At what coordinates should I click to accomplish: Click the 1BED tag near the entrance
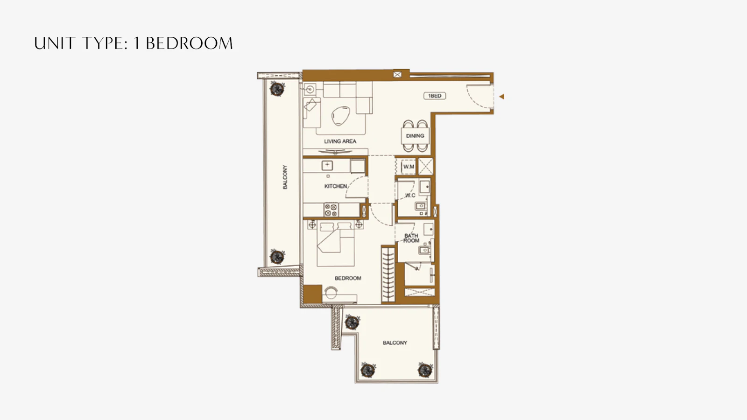tap(435, 96)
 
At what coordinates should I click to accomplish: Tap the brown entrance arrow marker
tap(501, 97)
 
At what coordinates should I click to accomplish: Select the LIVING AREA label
tap(340, 141)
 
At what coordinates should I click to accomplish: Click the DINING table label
tap(415, 136)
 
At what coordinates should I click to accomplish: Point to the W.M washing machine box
tap(409, 166)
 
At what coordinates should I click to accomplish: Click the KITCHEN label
tap(336, 186)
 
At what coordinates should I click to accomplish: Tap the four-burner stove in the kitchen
tap(331, 210)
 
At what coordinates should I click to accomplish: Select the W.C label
tap(410, 196)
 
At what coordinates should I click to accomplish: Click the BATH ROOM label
tap(411, 238)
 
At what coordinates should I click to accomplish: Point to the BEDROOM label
tap(348, 278)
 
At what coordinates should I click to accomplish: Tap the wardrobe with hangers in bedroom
tap(388, 274)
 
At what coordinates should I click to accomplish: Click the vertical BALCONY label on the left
tap(285, 177)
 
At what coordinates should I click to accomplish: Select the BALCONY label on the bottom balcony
tap(395, 343)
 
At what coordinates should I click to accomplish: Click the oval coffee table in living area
tap(340, 116)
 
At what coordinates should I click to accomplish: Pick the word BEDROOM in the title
tap(189, 43)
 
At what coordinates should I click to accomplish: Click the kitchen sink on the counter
tap(327, 165)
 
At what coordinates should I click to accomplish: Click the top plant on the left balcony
tap(277, 89)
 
